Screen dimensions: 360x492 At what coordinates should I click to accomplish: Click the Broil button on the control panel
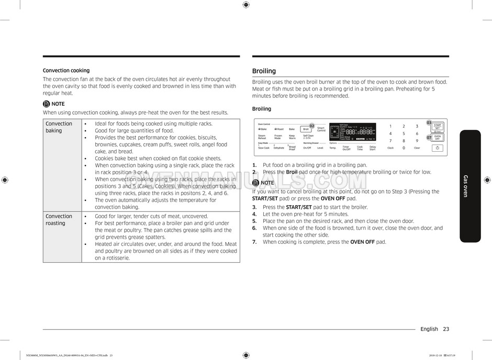click(x=306, y=129)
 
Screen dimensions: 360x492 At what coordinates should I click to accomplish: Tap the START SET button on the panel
click(x=438, y=127)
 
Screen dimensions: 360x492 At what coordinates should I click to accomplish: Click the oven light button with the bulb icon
click(x=437, y=148)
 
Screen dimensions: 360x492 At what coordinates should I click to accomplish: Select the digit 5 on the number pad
click(x=404, y=133)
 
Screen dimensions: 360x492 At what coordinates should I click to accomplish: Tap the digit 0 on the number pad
click(x=404, y=148)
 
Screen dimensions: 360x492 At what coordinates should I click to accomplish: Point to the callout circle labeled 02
click(x=312, y=126)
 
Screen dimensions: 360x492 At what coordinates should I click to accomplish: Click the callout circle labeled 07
click(x=429, y=137)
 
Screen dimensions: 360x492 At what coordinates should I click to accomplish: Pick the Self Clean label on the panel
click(x=308, y=137)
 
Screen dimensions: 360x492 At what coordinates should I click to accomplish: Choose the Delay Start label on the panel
click(x=373, y=148)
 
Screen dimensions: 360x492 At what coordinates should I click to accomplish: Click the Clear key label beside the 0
click(x=417, y=148)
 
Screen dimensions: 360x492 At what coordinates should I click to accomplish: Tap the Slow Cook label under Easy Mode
click(x=264, y=148)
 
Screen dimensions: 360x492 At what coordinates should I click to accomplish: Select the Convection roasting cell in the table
click(x=59, y=220)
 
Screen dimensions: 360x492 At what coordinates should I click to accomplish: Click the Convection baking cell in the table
click(x=59, y=127)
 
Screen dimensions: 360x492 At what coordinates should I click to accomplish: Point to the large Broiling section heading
click(x=264, y=71)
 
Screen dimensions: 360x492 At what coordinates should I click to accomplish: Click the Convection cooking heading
click(x=66, y=70)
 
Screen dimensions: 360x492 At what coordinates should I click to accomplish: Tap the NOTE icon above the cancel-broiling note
click(x=255, y=183)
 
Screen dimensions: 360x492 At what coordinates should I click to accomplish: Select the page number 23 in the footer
click(x=445, y=329)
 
